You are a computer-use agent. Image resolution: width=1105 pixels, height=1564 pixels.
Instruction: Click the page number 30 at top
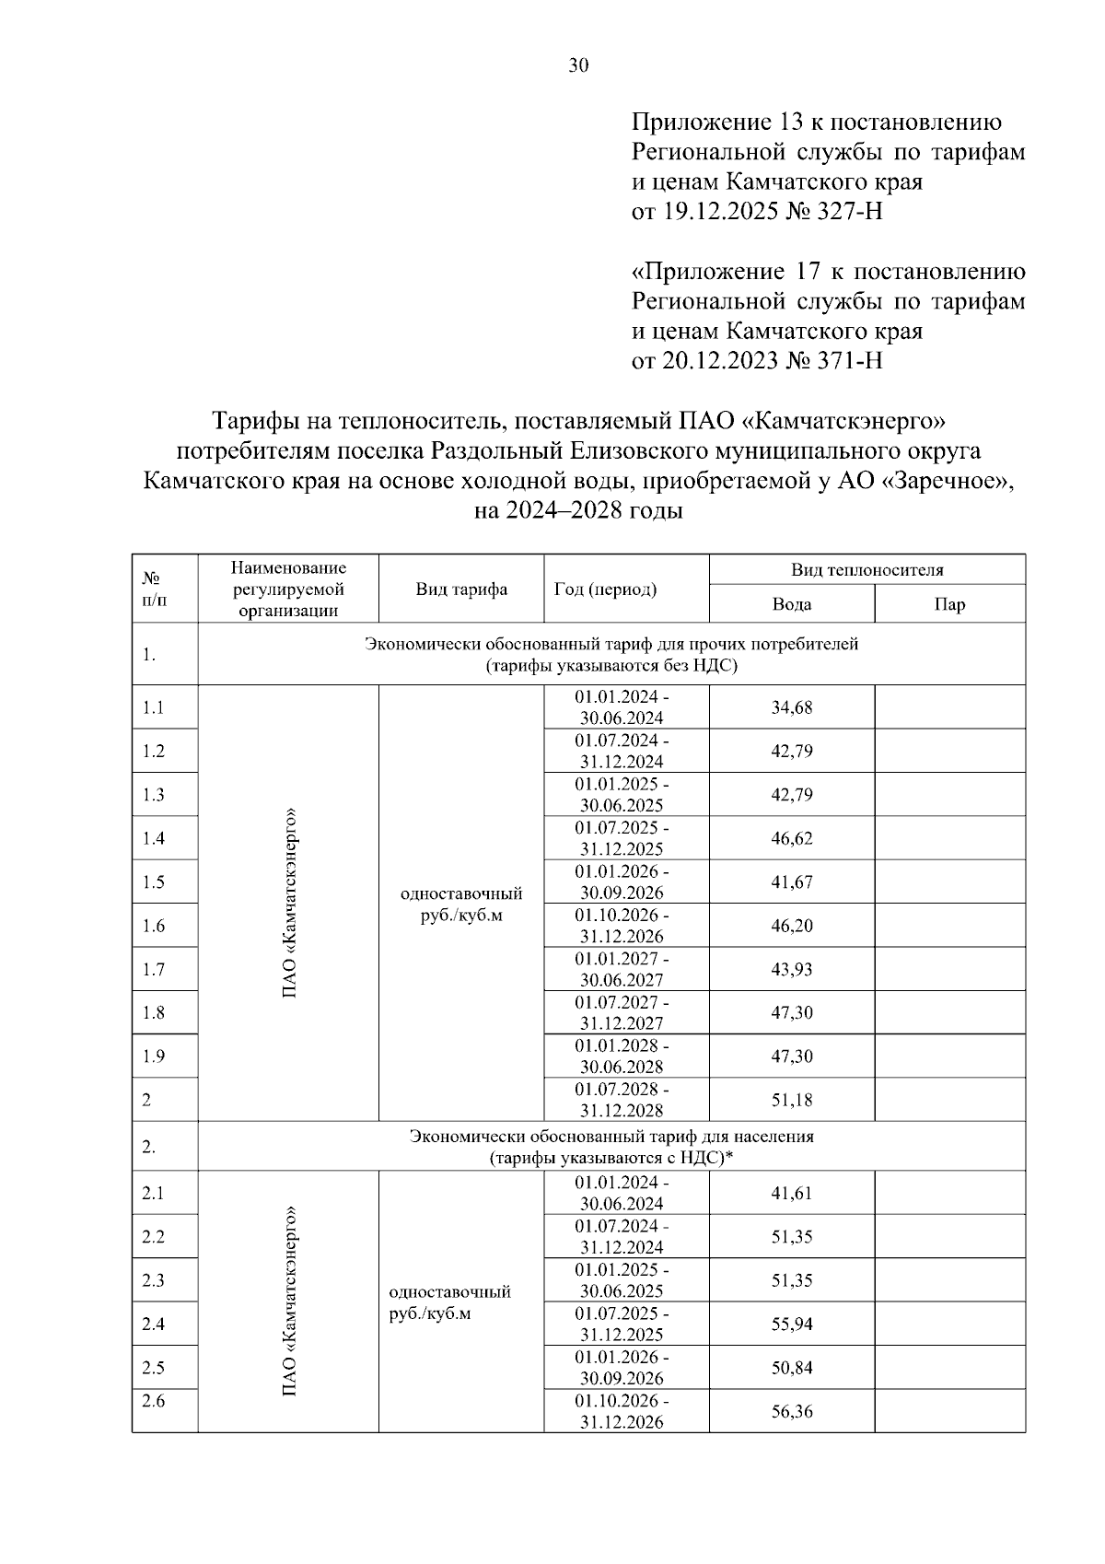click(578, 65)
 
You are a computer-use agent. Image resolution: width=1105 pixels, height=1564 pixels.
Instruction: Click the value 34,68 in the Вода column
click(791, 707)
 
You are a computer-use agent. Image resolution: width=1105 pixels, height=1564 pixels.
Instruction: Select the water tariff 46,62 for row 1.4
click(791, 838)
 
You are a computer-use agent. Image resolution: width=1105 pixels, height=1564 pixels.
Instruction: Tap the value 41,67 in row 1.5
click(791, 881)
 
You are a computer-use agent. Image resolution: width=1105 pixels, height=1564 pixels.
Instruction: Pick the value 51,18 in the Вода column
click(791, 1100)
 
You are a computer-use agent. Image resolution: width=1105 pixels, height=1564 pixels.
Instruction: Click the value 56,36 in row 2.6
click(791, 1411)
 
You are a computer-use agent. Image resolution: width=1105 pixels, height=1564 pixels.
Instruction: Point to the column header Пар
click(949, 604)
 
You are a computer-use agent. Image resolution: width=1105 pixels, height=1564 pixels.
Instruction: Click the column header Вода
click(791, 604)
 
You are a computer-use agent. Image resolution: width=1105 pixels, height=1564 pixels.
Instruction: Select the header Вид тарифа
click(460, 589)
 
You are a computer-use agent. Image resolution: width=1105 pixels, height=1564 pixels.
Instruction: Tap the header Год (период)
click(605, 589)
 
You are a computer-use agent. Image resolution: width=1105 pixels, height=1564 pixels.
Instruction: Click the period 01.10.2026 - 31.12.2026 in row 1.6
click(622, 926)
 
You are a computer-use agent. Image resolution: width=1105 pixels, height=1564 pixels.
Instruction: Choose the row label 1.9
click(154, 1056)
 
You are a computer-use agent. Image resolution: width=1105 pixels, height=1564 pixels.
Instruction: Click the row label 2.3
click(154, 1280)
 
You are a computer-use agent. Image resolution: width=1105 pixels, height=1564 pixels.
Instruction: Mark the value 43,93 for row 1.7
click(791, 969)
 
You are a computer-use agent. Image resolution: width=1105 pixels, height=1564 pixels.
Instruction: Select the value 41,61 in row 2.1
click(791, 1193)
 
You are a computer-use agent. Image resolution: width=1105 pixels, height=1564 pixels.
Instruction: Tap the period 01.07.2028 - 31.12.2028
click(622, 1100)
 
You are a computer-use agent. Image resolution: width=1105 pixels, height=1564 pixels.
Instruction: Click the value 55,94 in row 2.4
click(791, 1324)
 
